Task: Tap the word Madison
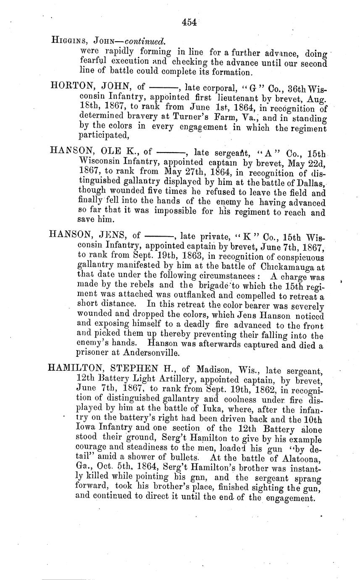(212, 369)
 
